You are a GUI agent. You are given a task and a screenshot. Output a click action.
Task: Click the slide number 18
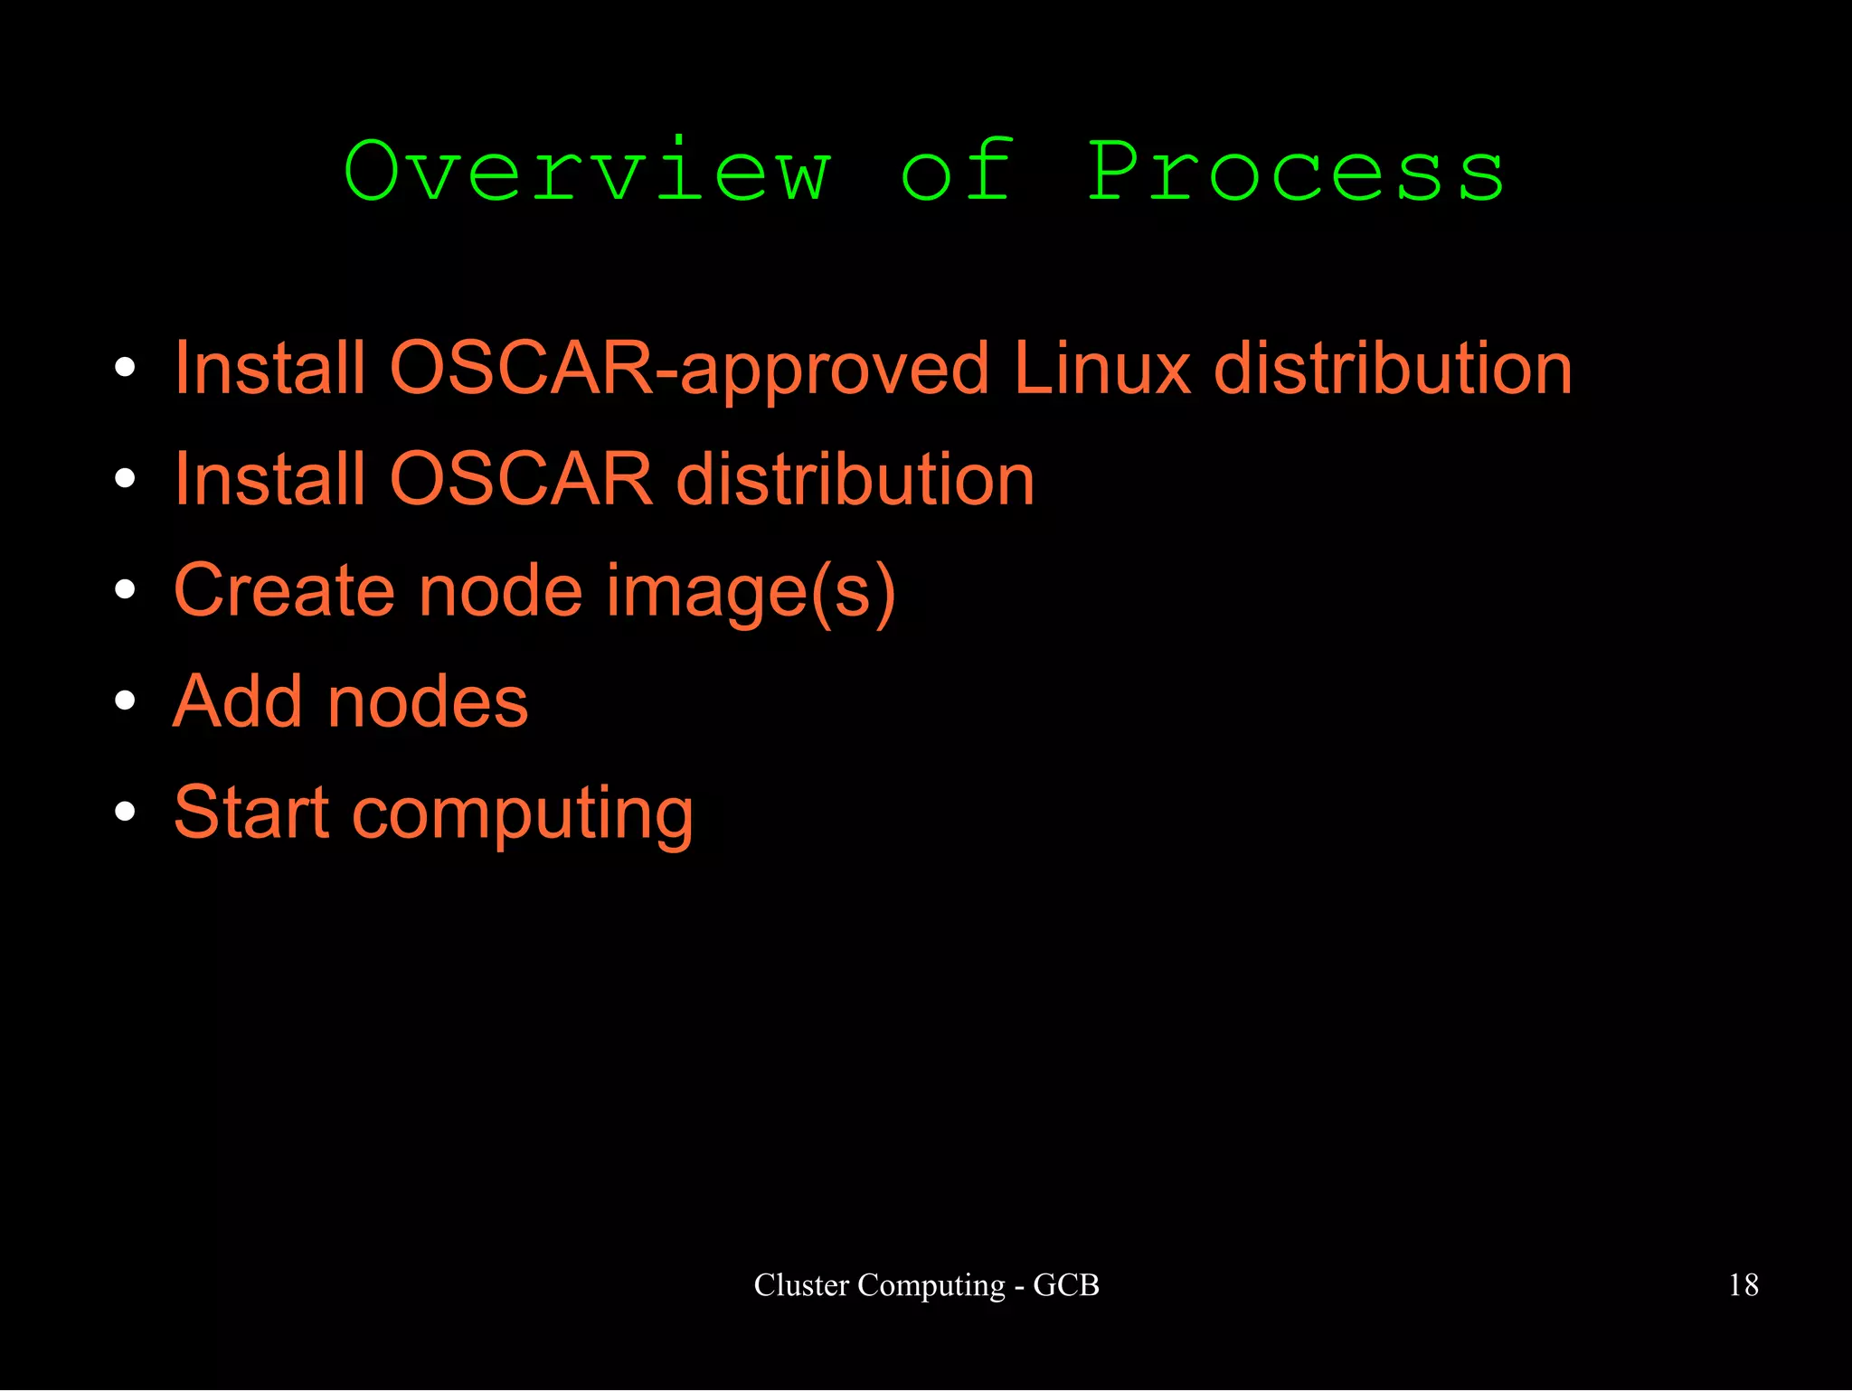click(x=1743, y=1284)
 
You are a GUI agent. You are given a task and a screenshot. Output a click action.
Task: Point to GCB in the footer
click(x=1066, y=1284)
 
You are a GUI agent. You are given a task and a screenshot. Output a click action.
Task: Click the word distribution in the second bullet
click(x=855, y=479)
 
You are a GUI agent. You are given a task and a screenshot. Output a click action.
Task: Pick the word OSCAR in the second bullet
click(x=521, y=479)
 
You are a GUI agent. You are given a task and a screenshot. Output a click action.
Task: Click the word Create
click(x=284, y=590)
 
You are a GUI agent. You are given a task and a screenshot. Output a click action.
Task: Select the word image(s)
click(x=751, y=592)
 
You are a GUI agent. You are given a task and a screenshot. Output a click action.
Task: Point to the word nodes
click(x=427, y=703)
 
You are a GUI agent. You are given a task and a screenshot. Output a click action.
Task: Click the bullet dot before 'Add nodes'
click(x=125, y=700)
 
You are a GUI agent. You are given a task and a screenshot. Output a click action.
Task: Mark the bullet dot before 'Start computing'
click(x=125, y=812)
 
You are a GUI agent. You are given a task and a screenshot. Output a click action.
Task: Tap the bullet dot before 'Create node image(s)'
click(x=125, y=589)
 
